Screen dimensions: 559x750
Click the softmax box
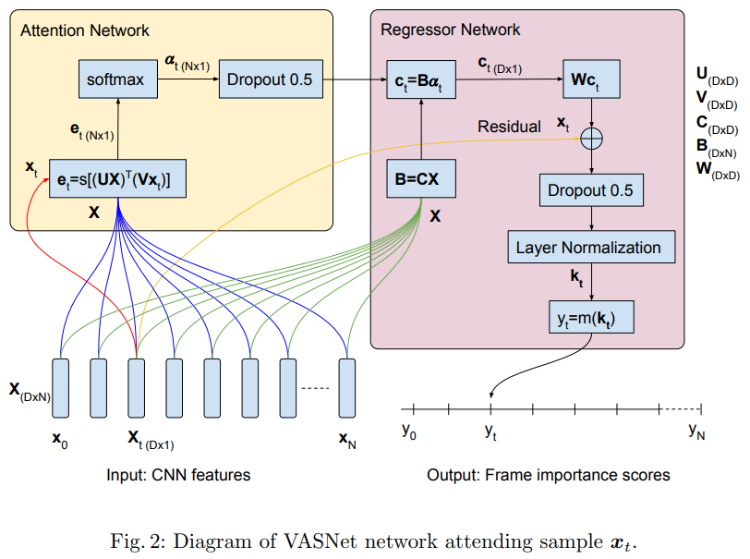(116, 79)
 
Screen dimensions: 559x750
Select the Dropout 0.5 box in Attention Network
(266, 79)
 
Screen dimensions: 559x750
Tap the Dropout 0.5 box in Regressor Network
(590, 191)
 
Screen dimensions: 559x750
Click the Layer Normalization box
(589, 248)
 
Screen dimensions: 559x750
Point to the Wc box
(591, 79)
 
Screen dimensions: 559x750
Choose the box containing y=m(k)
(590, 317)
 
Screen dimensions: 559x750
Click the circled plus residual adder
(590, 139)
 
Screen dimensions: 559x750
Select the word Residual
(509, 127)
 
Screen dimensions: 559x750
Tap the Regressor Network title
(450, 30)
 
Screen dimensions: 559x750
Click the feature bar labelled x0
(62, 386)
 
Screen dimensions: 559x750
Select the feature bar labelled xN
(346, 386)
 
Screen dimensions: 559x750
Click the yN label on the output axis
(696, 431)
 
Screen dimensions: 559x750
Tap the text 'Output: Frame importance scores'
(549, 475)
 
